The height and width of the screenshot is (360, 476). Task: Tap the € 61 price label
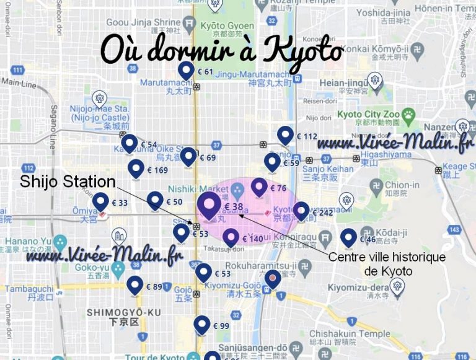[x=205, y=72]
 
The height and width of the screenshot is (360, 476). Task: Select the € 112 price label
[x=306, y=136]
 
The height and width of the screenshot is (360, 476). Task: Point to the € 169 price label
[x=157, y=170]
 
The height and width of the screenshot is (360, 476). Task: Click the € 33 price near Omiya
[x=120, y=202]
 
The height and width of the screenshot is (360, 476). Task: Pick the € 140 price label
[x=252, y=239]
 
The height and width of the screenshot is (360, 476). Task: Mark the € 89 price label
[x=153, y=286]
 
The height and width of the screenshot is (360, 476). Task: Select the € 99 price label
[x=221, y=326]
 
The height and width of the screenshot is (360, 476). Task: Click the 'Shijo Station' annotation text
[x=68, y=182]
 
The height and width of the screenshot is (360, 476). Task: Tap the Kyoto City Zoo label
[x=368, y=115]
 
